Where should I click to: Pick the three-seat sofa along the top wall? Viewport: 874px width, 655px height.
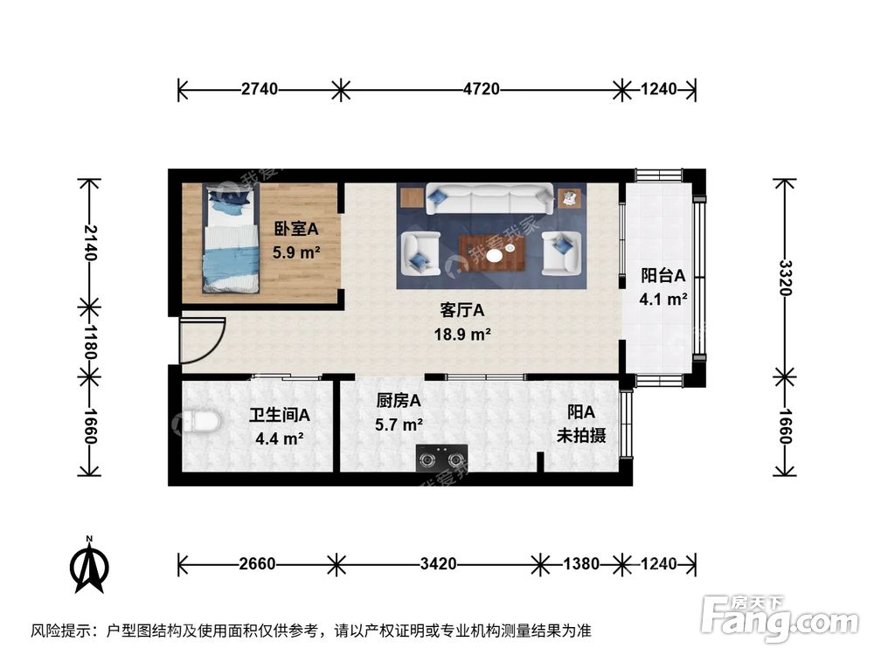coord(489,198)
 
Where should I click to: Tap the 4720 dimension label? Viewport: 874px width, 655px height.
coord(481,89)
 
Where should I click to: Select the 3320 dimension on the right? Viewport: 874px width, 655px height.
coord(785,278)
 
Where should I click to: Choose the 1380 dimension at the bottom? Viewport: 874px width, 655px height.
coord(580,564)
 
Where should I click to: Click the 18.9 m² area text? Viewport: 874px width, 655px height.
coord(462,334)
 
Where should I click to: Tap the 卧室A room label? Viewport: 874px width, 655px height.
coord(296,230)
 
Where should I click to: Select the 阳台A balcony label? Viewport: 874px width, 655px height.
coord(662,275)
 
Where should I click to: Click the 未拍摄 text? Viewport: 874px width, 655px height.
coord(581,435)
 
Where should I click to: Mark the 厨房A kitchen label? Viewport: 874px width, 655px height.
coord(399,401)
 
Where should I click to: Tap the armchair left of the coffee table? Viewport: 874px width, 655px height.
coord(420,252)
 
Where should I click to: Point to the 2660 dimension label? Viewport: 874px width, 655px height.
coord(259,564)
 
